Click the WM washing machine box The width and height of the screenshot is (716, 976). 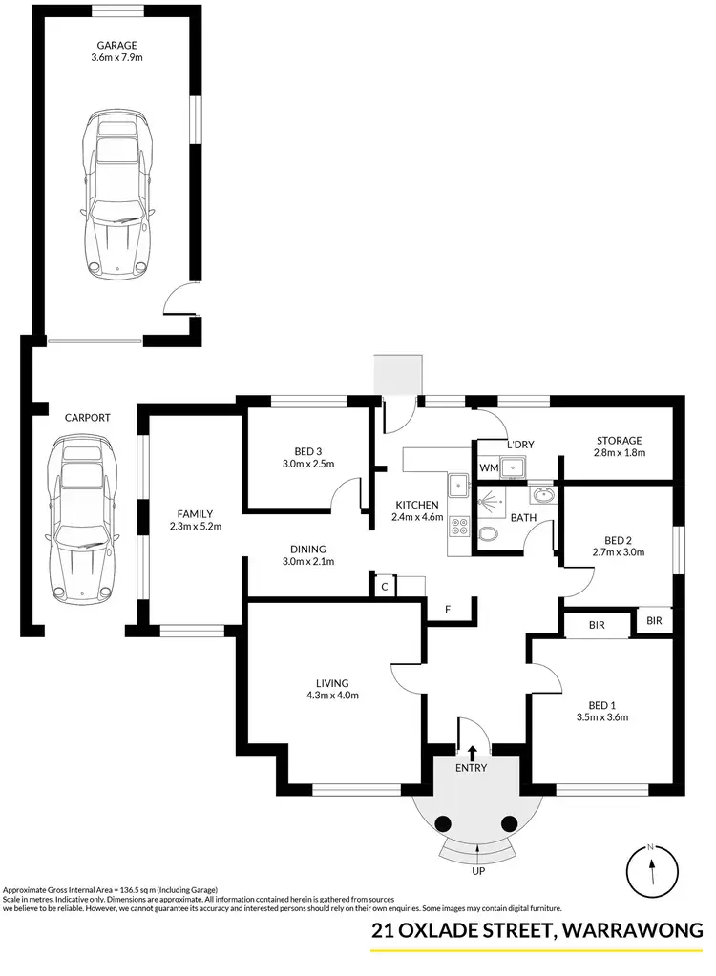(x=488, y=468)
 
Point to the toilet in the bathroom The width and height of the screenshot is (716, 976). (x=487, y=535)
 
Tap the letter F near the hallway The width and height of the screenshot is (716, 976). (x=448, y=610)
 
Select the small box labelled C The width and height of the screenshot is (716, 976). (x=383, y=587)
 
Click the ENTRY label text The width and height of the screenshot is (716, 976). (x=472, y=768)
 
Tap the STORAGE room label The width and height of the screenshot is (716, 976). (x=620, y=441)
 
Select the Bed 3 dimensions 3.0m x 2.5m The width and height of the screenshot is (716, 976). (x=307, y=465)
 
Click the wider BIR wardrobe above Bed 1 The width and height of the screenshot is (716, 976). (x=597, y=625)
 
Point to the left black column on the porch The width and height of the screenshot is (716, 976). (x=443, y=824)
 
